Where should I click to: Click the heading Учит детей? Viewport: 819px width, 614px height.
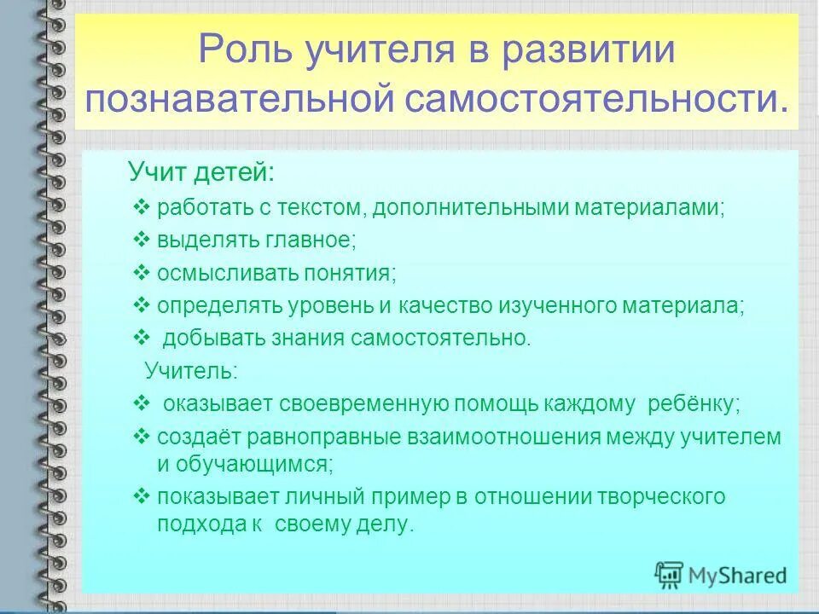[x=201, y=172]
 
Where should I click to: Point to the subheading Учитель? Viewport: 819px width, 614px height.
[x=191, y=370]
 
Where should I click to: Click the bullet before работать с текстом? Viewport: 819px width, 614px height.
[x=142, y=207]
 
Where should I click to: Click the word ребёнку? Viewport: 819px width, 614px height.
[x=693, y=403]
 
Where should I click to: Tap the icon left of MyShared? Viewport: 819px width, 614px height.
[x=669, y=575]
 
